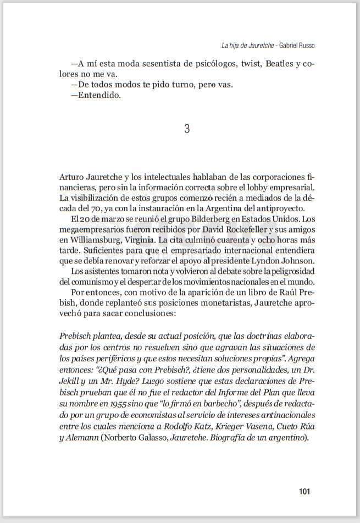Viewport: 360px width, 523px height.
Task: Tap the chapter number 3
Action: click(x=187, y=129)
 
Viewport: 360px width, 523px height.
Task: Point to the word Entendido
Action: click(x=99, y=95)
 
